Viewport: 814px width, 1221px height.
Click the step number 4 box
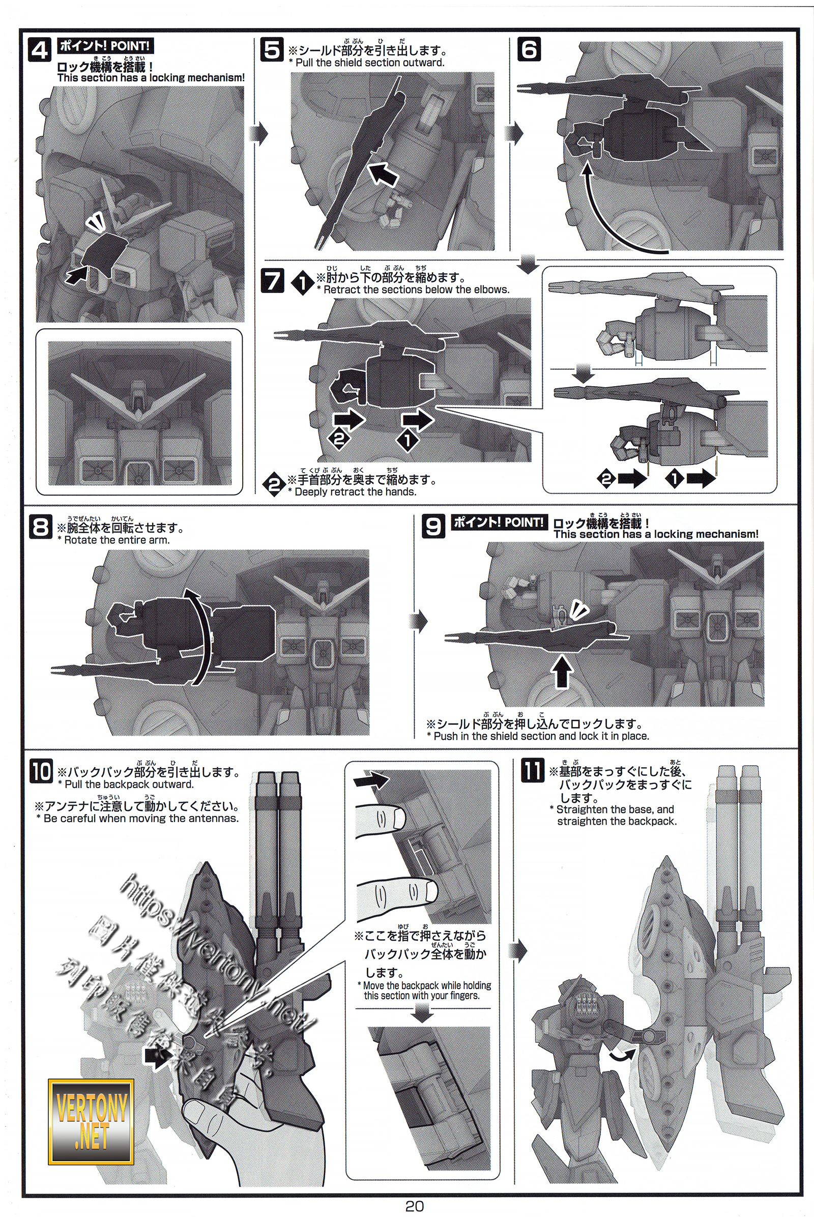tap(39, 50)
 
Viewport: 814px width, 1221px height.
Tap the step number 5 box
tap(272, 50)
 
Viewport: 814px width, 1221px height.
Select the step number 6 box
tap(529, 50)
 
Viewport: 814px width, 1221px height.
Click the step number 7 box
tap(272, 281)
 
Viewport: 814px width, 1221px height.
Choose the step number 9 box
tap(433, 527)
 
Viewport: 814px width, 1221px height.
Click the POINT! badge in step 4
tap(105, 46)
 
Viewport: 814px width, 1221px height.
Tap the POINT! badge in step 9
tap(499, 522)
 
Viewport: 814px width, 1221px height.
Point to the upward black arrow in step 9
tap(562, 671)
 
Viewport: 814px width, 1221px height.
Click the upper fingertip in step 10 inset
tap(397, 819)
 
